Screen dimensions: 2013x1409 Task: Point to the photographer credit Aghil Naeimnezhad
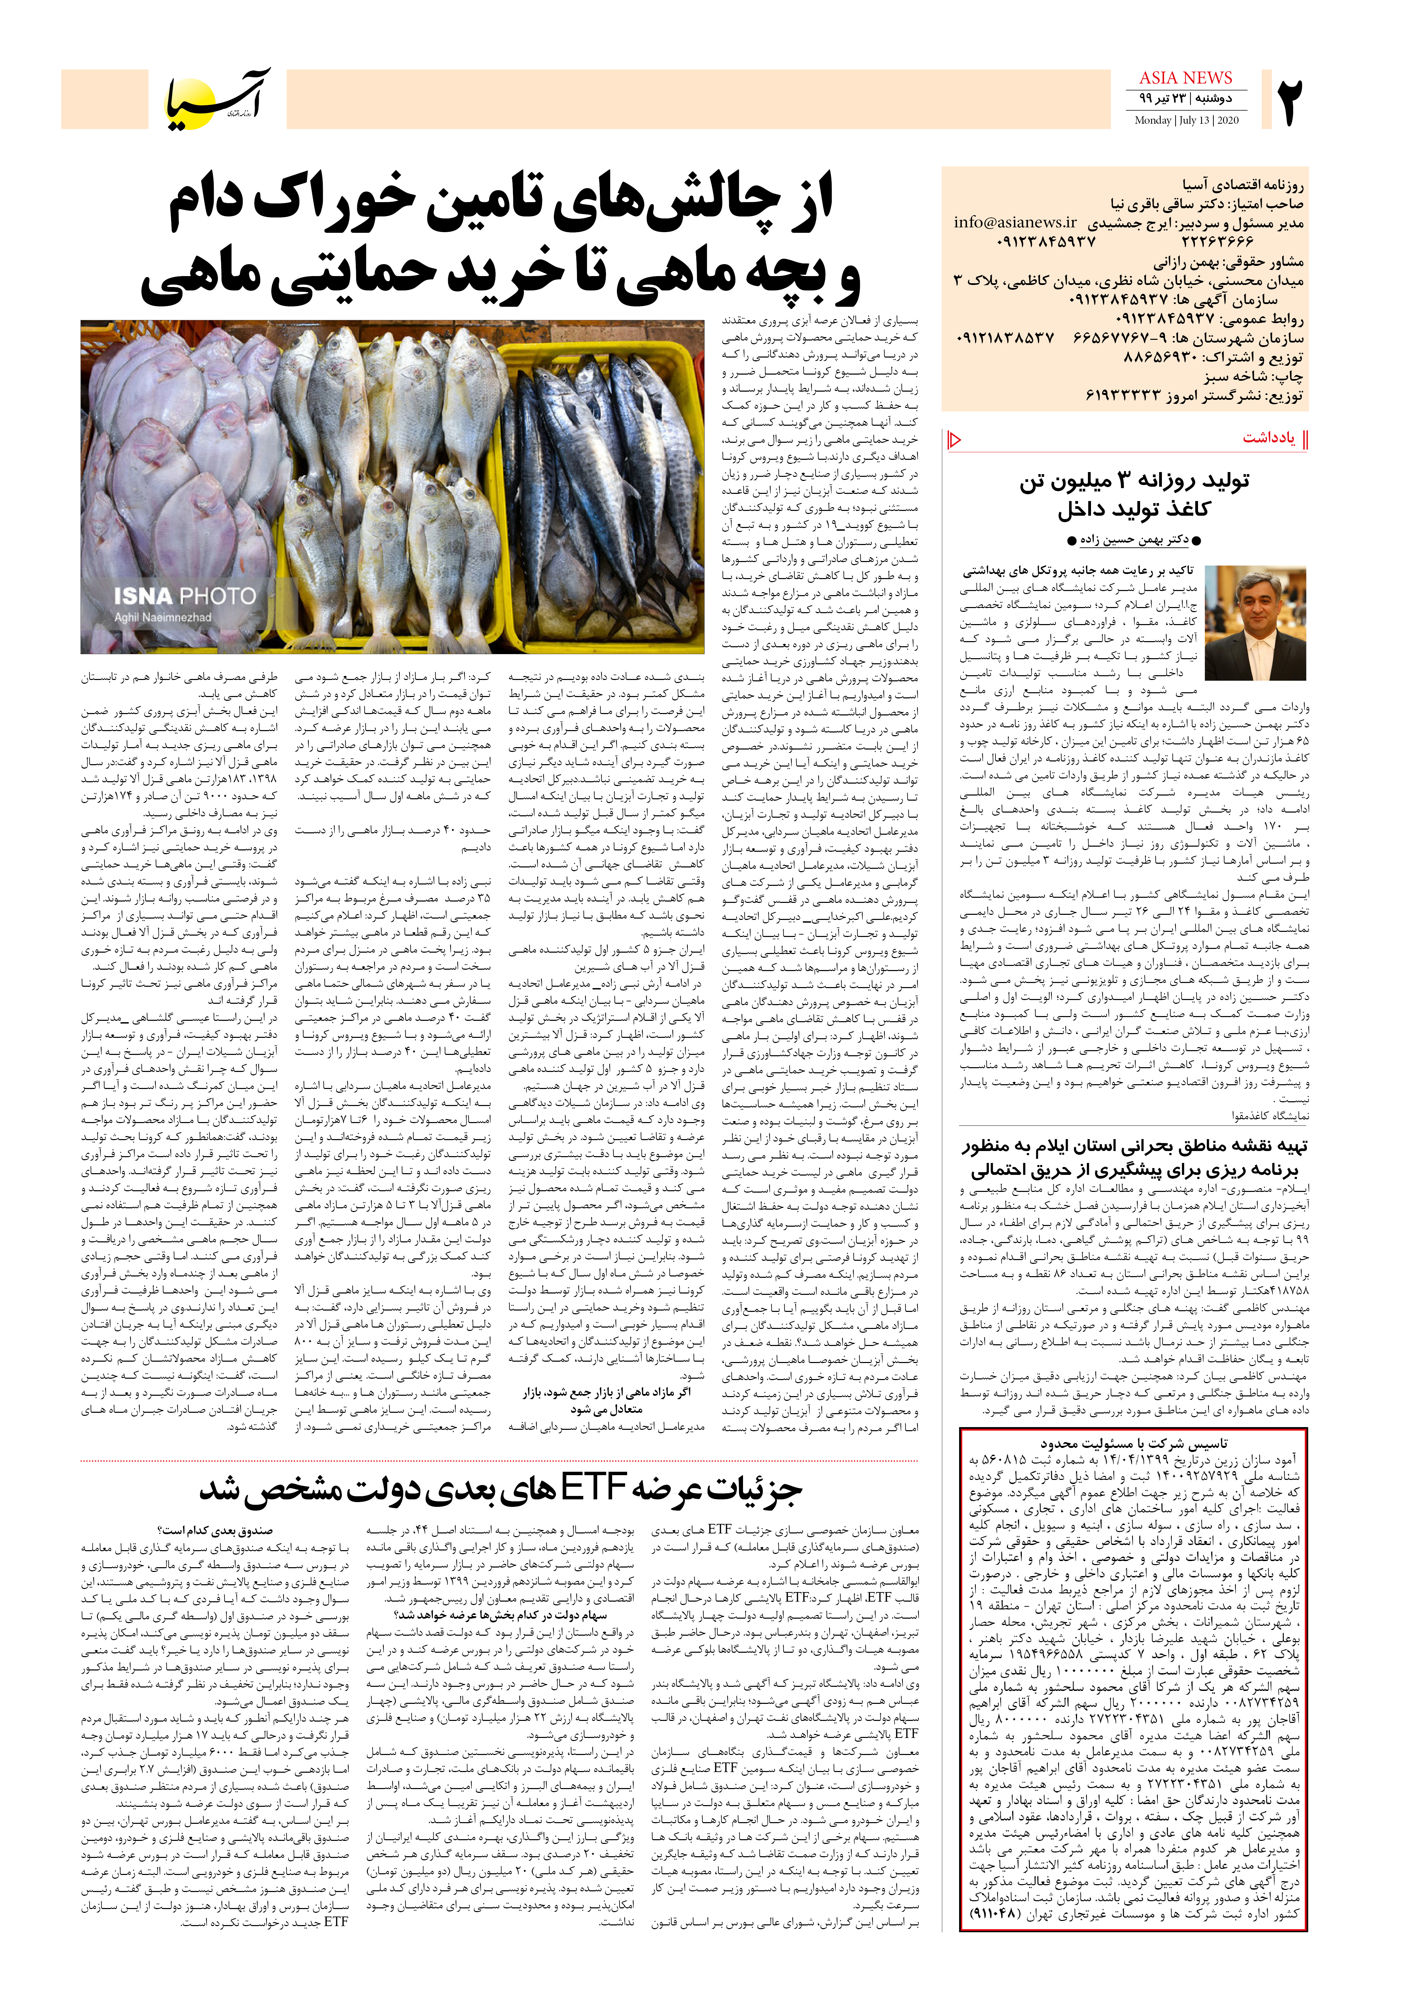tap(163, 617)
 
